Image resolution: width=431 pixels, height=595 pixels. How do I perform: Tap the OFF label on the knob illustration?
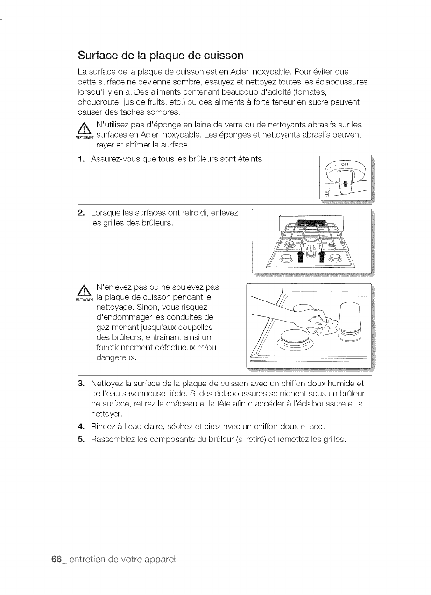pos(345,164)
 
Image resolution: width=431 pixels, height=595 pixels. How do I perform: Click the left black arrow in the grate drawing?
pos(300,257)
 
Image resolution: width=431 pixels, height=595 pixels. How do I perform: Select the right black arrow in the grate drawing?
pos(322,257)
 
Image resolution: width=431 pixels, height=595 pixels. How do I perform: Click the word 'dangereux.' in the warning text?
pos(116,358)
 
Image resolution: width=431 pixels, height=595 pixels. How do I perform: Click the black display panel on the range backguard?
pos(311,222)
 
